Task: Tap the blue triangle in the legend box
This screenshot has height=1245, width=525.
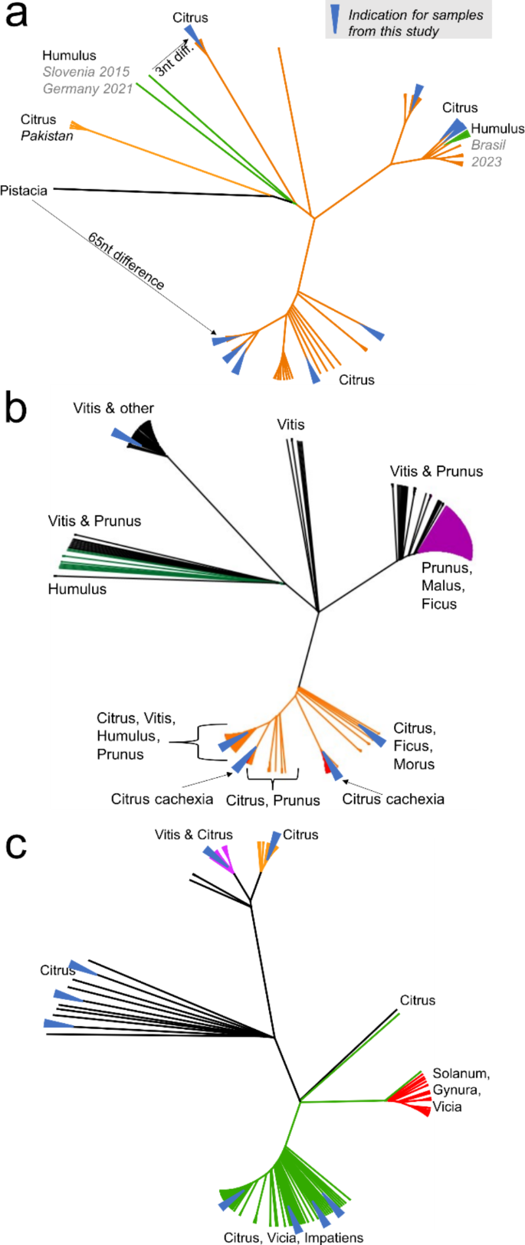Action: (335, 18)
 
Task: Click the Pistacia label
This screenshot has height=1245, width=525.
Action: (24, 191)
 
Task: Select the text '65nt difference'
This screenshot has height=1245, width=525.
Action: (126, 261)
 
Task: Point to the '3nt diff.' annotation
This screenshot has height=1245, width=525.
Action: (175, 57)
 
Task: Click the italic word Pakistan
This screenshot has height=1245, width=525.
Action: (47, 136)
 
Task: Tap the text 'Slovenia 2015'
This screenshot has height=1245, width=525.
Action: (86, 72)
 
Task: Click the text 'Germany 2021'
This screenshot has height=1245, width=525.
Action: (87, 89)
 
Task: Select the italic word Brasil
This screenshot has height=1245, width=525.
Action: (488, 145)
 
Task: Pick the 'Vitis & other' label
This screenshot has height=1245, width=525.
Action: (113, 408)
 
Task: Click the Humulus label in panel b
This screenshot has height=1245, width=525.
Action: (77, 589)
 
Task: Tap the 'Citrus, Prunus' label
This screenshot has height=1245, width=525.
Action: (273, 800)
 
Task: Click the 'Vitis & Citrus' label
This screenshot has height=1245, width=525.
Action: (193, 835)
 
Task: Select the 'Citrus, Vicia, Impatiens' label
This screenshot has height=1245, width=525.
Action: (294, 1237)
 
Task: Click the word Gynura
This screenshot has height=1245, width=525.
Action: (456, 1090)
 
